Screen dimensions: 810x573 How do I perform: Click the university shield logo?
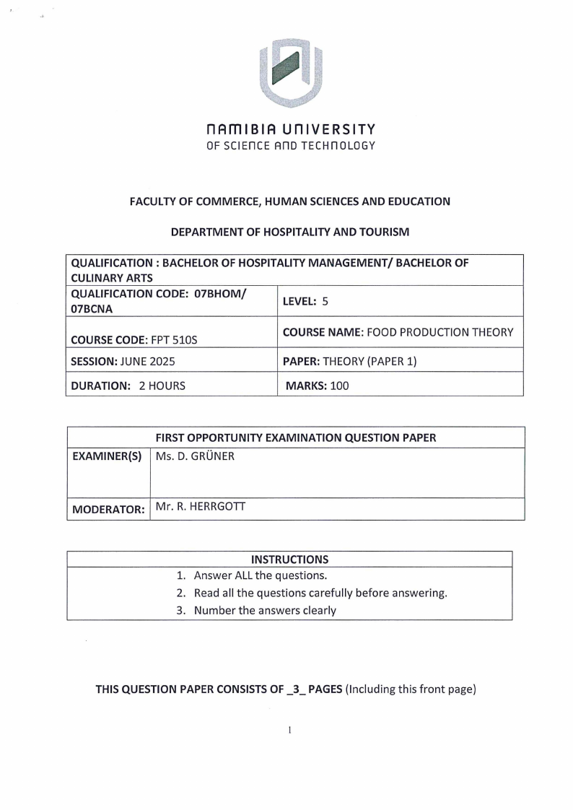(x=290, y=70)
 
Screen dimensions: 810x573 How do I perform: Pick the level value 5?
(x=325, y=302)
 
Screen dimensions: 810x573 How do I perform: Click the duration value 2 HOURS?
(x=162, y=386)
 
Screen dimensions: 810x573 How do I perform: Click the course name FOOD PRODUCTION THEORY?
(x=441, y=332)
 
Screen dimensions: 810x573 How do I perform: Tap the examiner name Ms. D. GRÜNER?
(x=195, y=456)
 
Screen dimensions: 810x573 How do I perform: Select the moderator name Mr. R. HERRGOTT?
(x=200, y=507)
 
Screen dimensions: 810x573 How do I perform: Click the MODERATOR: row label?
(x=108, y=509)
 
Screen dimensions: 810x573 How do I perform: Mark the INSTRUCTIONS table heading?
(x=289, y=559)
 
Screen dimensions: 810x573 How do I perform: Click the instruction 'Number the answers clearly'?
(x=265, y=610)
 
